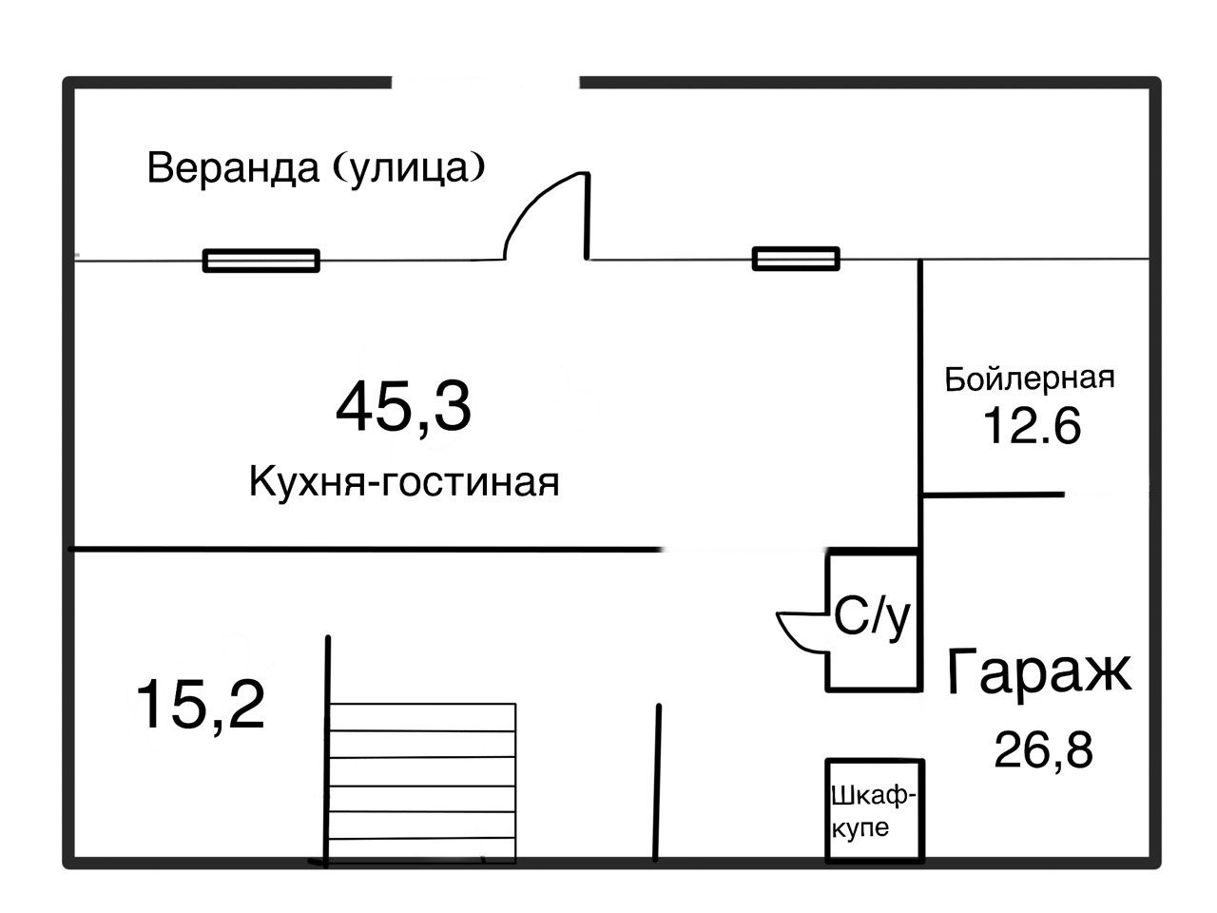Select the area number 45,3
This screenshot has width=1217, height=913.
pos(403,406)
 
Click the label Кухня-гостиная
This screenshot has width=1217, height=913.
pos(403,482)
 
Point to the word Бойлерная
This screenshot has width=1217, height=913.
pos(1029,379)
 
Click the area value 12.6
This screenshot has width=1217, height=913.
pos(1032,426)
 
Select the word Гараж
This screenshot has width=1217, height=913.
pos(1038,671)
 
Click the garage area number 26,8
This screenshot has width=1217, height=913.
pos(1043,750)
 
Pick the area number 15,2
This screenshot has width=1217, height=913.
pos(200,705)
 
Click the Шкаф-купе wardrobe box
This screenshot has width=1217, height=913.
pos(874,810)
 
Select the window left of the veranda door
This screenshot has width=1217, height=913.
pos(261,260)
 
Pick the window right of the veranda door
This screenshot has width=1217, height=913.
pos(796,259)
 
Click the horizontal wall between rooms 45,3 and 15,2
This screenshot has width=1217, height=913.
pos(366,549)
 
